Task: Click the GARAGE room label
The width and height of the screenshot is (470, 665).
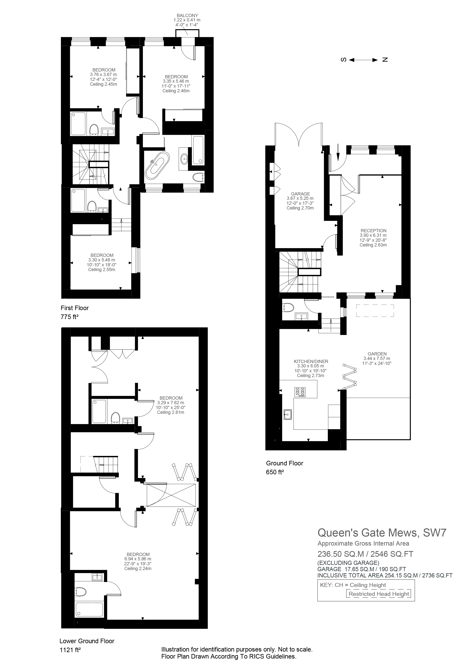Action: point(300,194)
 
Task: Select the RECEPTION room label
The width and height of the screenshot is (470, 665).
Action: point(373,231)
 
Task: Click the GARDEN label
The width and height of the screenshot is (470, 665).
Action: point(377,354)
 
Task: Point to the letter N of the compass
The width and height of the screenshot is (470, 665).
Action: point(385,60)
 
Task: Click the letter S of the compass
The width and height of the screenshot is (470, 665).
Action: point(343,60)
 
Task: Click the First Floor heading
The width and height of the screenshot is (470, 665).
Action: point(75,308)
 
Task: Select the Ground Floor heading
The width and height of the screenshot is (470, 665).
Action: point(284,463)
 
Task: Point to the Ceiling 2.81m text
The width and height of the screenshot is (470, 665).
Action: point(171,412)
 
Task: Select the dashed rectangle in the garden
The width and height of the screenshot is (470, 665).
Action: point(375,311)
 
